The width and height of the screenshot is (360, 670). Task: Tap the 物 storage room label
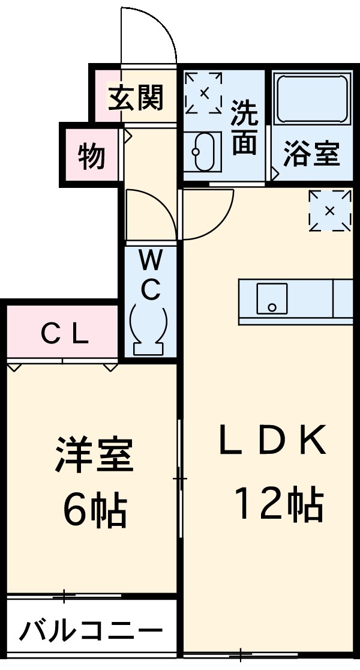click(91, 157)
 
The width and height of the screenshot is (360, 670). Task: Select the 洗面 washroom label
click(244, 127)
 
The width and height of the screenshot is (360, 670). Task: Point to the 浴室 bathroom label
click(311, 154)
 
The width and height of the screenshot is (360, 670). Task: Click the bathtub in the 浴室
click(312, 99)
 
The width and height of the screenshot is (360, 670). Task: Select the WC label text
click(151, 276)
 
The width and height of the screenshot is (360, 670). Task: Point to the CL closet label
click(65, 334)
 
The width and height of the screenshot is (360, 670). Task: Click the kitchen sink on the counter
click(271, 298)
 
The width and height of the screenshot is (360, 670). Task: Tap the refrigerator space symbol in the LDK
click(329, 210)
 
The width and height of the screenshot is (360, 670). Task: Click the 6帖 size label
click(94, 510)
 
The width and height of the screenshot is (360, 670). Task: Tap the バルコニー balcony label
click(91, 631)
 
